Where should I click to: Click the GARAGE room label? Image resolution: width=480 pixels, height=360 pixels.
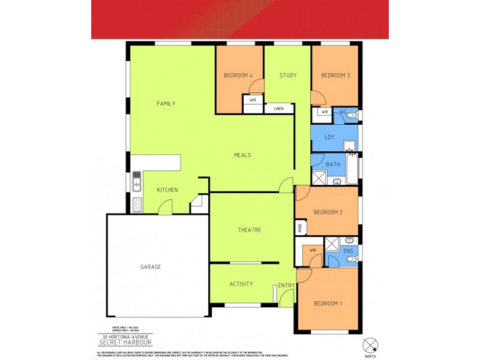(x=151, y=267)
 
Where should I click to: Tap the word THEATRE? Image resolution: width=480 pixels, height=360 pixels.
(x=249, y=230)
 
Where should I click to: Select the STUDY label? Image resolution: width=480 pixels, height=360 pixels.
(x=288, y=76)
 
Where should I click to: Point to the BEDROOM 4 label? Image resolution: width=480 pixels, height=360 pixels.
(x=238, y=76)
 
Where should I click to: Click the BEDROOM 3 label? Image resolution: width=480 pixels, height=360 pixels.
(x=335, y=76)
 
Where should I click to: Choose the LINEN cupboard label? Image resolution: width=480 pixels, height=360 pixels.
(x=278, y=109)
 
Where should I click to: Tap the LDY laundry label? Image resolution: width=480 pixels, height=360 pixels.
(x=329, y=137)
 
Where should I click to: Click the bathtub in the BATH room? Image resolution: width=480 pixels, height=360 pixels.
(x=353, y=169)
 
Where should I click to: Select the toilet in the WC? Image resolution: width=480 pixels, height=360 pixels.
(x=352, y=113)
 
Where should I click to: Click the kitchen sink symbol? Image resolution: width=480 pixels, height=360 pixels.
(x=137, y=178)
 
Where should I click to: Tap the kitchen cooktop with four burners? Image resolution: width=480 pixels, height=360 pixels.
(x=137, y=204)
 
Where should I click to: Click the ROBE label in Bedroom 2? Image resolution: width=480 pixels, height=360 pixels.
(x=299, y=228)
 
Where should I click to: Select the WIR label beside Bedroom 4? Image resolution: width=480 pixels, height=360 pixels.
(x=253, y=101)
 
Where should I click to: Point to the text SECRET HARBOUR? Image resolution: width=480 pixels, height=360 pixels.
(x=125, y=344)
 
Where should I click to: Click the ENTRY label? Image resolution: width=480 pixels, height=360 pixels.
(x=287, y=284)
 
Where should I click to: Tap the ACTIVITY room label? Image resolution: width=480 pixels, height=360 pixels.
(x=241, y=284)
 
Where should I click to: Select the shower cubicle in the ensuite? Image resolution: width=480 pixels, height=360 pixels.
(x=332, y=244)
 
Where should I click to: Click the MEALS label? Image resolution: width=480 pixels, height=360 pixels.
(x=242, y=155)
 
